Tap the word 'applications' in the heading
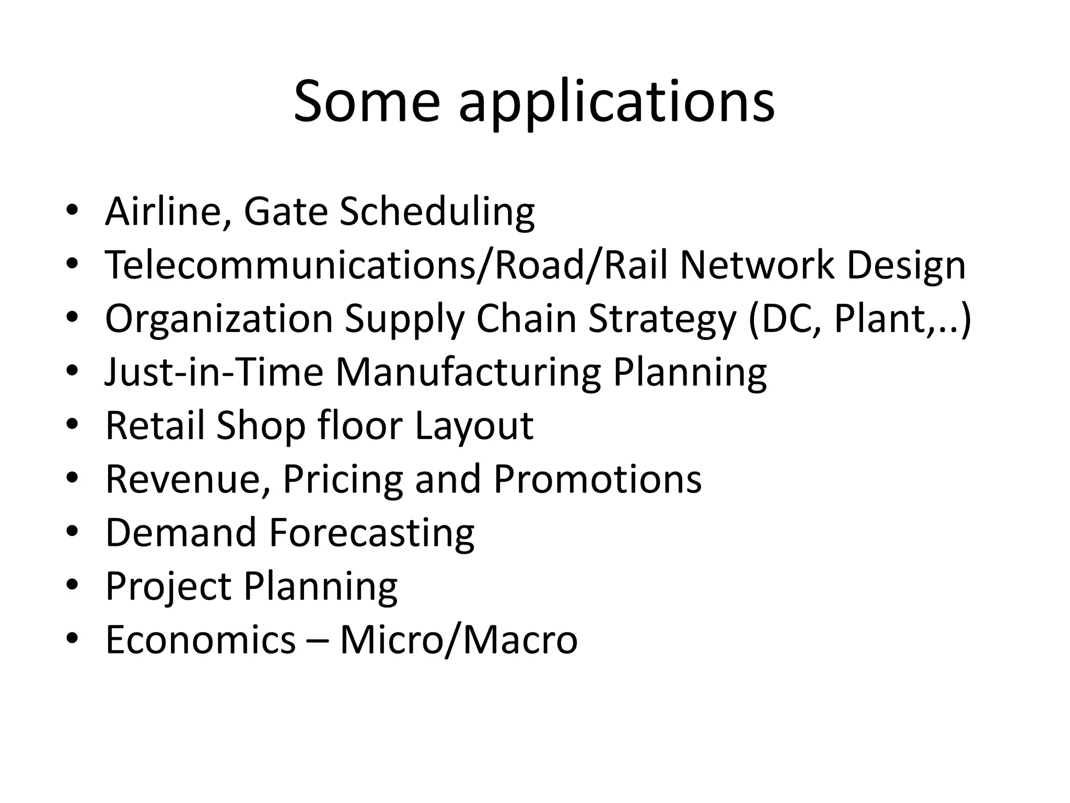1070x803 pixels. [x=617, y=102]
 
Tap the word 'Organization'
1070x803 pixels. [x=219, y=319]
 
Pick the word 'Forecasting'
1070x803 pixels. [x=371, y=534]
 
